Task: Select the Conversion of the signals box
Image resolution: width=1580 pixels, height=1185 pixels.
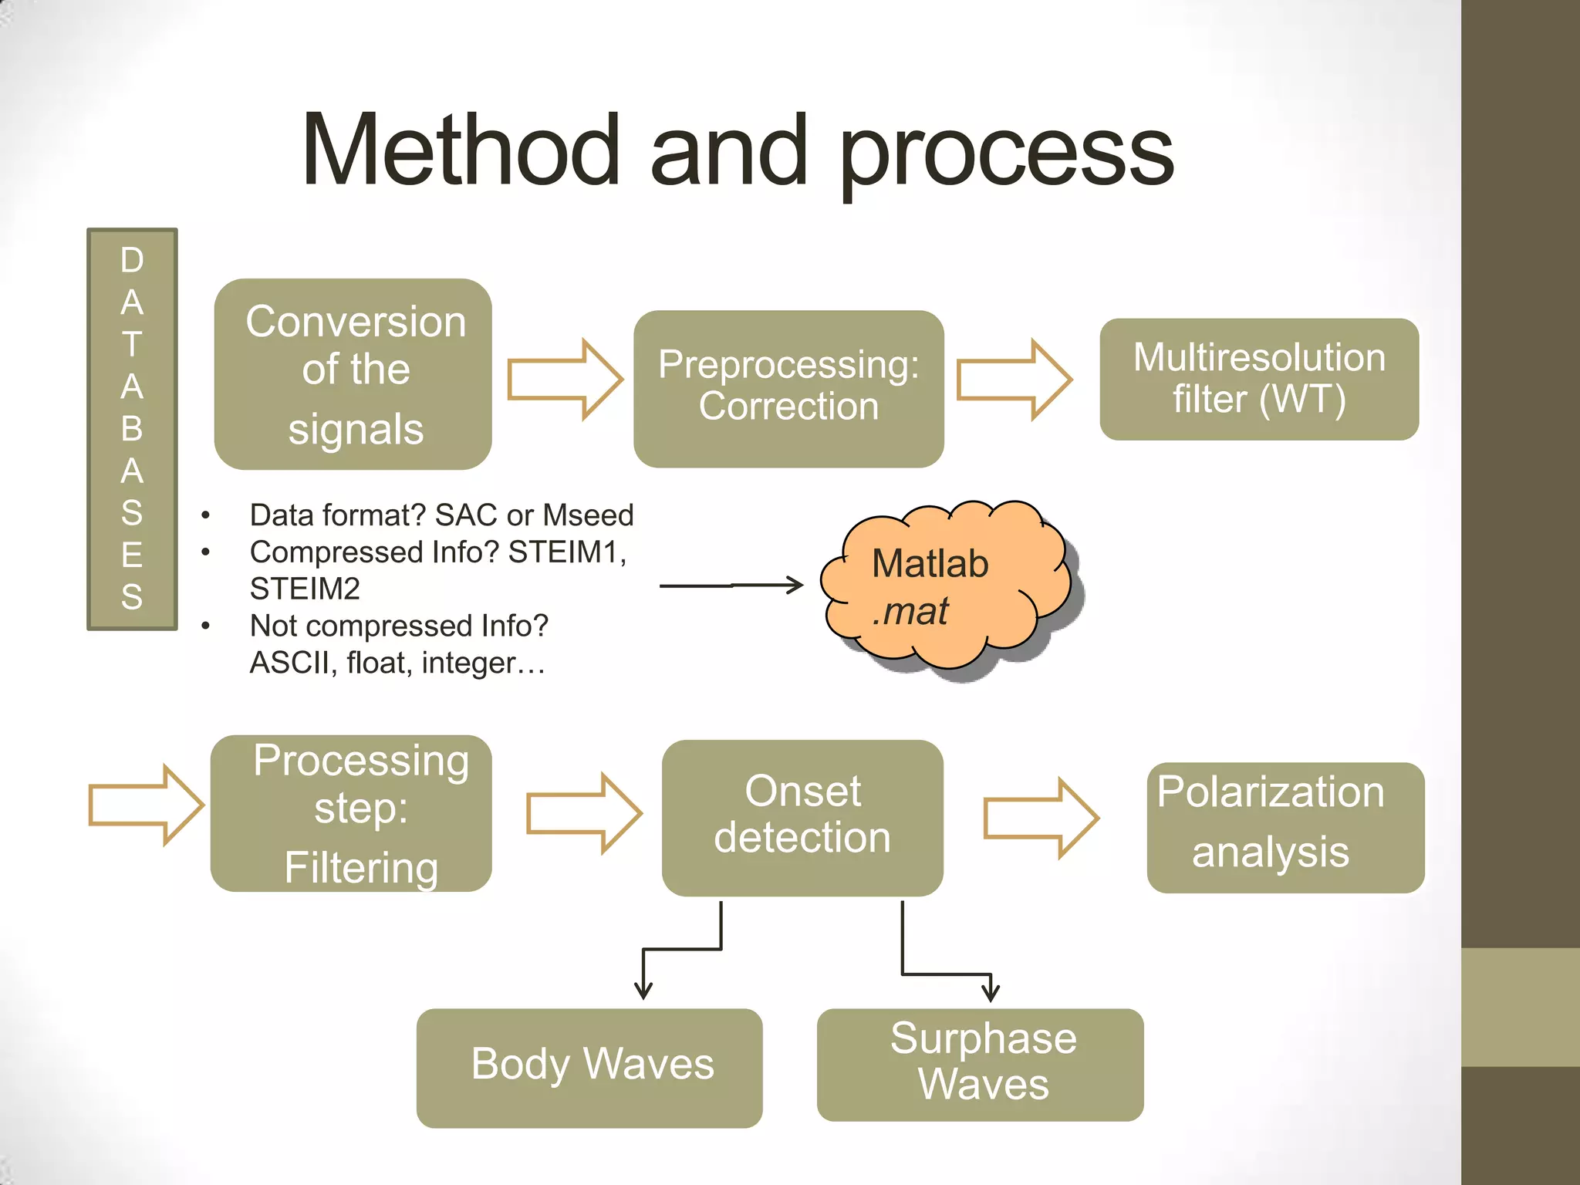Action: pyautogui.click(x=353, y=374)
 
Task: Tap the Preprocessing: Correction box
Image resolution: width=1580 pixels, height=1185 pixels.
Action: pyautogui.click(x=788, y=388)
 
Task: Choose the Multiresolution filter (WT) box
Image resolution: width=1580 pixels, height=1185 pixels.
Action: pyautogui.click(x=1258, y=379)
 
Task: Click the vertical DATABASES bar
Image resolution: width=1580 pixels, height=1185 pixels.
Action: pyautogui.click(x=132, y=429)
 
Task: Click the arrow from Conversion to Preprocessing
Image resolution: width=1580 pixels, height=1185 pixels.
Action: pyautogui.click(x=564, y=380)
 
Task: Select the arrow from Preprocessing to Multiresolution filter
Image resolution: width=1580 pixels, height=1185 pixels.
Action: pyautogui.click(x=1013, y=380)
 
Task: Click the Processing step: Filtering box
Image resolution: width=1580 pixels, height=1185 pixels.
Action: pyautogui.click(x=351, y=813)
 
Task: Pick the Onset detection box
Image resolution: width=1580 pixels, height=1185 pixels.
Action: pyautogui.click(x=802, y=817)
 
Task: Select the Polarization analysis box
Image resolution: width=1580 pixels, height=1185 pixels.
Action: pyautogui.click(x=1285, y=827)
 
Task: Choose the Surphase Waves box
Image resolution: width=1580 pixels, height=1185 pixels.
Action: pyautogui.click(x=980, y=1064)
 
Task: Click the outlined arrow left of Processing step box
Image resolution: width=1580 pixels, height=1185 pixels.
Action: pyautogui.click(x=145, y=805)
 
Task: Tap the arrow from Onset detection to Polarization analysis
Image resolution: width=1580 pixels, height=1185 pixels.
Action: pyautogui.click(x=1040, y=818)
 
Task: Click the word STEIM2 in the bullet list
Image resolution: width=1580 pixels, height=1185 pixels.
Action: pyautogui.click(x=305, y=589)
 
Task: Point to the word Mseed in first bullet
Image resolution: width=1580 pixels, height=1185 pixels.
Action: pyautogui.click(x=588, y=515)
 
